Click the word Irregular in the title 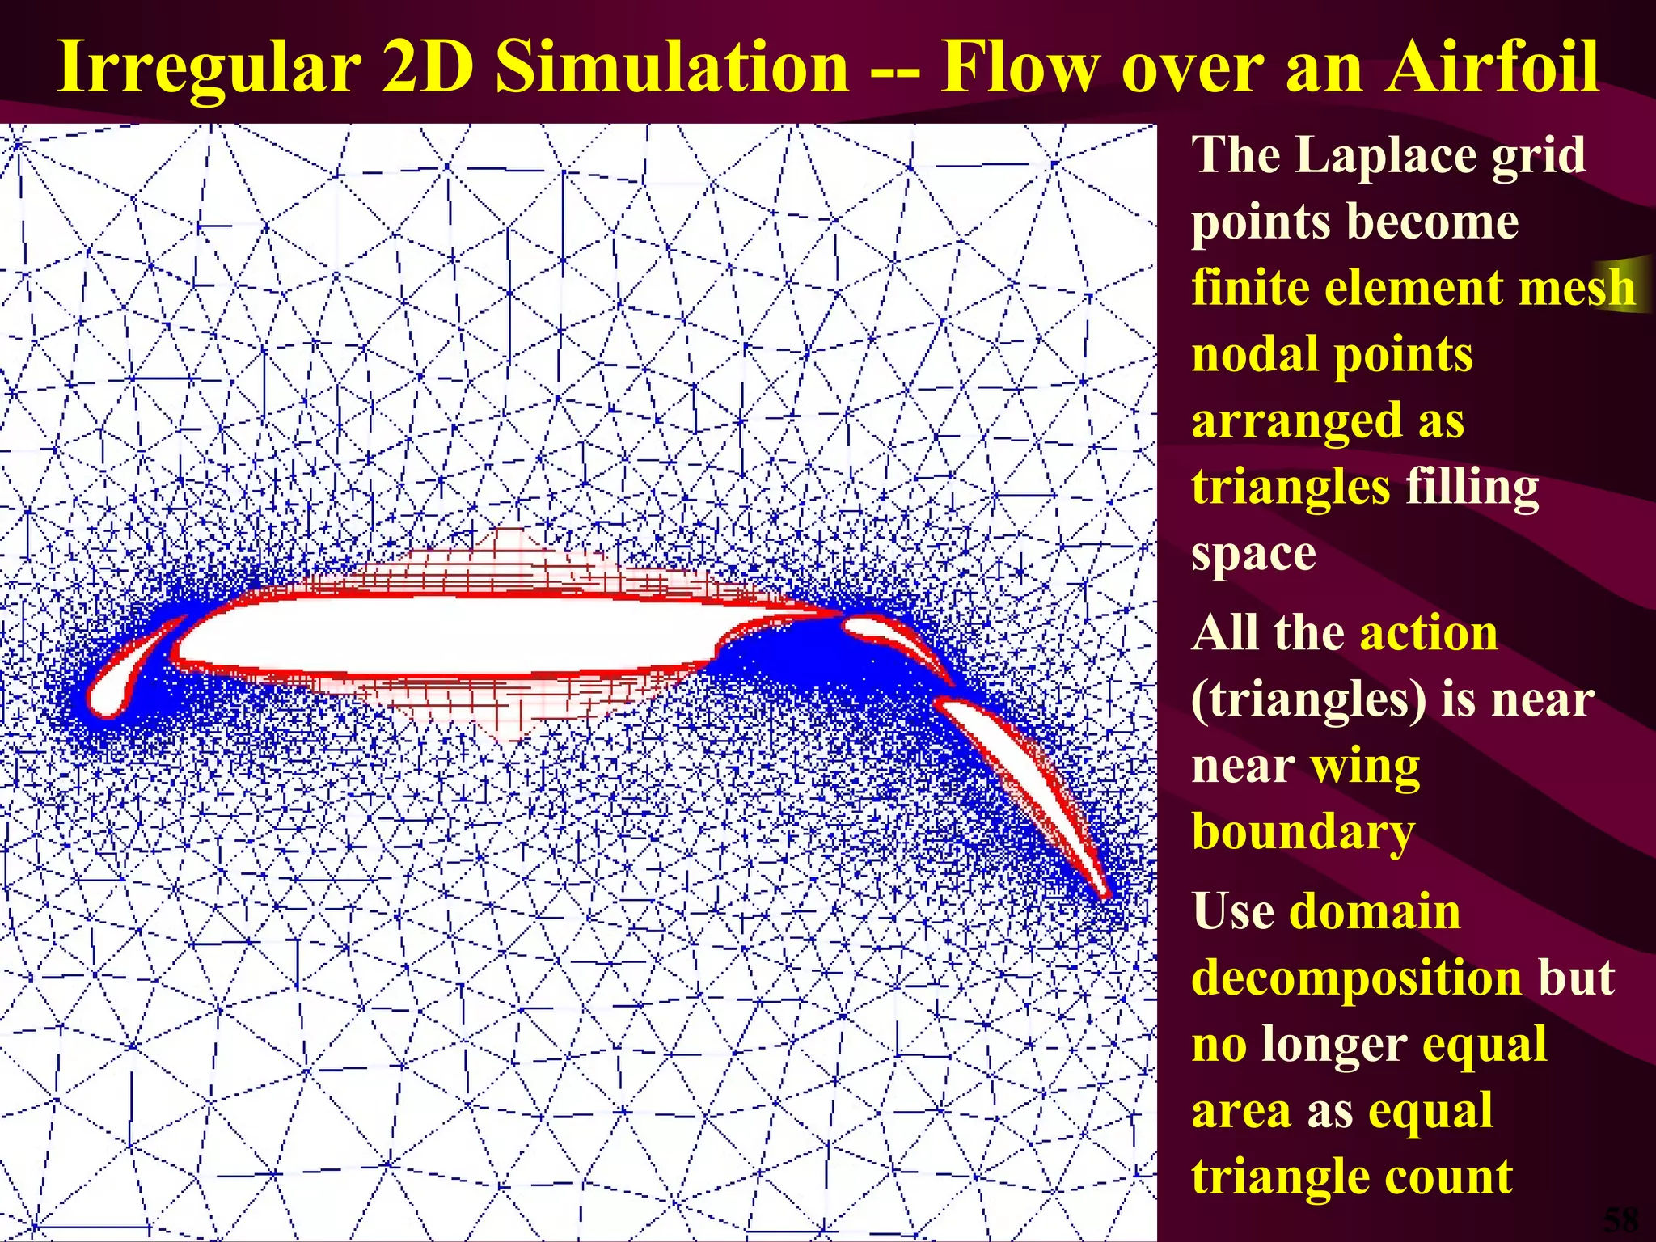[x=209, y=69]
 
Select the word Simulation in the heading [x=672, y=69]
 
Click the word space [x=1253, y=555]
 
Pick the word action [x=1429, y=633]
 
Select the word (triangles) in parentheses [x=1309, y=700]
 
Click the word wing [x=1365, y=767]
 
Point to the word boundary [x=1303, y=833]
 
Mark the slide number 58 [x=1620, y=1219]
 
